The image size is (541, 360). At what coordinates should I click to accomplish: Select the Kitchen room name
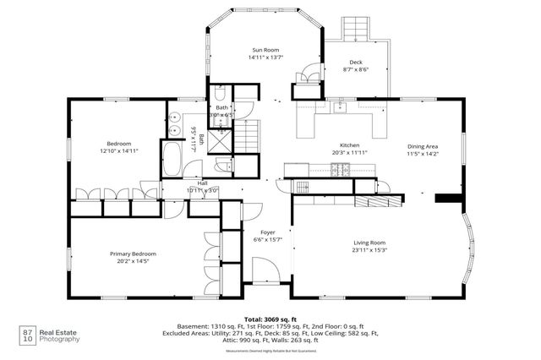(350, 145)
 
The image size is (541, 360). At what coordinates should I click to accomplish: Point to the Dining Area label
(423, 145)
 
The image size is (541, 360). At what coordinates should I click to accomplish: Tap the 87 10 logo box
(28, 335)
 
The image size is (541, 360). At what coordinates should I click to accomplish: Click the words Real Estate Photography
(62, 335)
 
